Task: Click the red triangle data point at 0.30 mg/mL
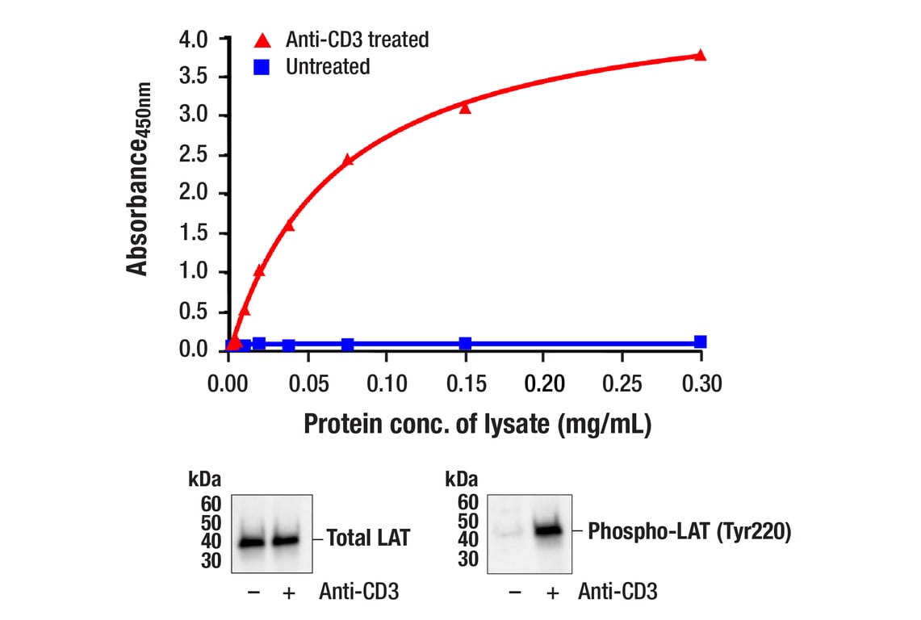pyautogui.click(x=700, y=55)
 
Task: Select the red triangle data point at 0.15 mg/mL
pyautogui.click(x=465, y=107)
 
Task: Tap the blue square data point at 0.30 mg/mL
pyautogui.click(x=700, y=341)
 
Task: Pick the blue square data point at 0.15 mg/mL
pyautogui.click(x=465, y=343)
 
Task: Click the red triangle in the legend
pyautogui.click(x=261, y=39)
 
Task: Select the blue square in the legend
pyautogui.click(x=261, y=66)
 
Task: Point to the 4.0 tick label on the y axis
pyautogui.click(x=195, y=39)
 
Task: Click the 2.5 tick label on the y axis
pyautogui.click(x=195, y=155)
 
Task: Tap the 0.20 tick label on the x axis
pyautogui.click(x=544, y=383)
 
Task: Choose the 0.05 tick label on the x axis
pyautogui.click(x=308, y=383)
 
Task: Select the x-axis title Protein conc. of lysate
pyautogui.click(x=477, y=425)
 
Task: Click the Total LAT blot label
pyautogui.click(x=368, y=538)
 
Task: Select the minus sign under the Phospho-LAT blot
pyautogui.click(x=514, y=593)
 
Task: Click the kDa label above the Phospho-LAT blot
pyautogui.click(x=463, y=479)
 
